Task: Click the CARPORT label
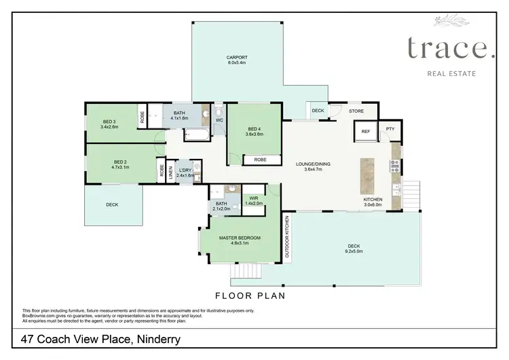(238, 57)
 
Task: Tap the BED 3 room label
(109, 122)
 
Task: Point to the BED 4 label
(254, 129)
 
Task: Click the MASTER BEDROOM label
(238, 238)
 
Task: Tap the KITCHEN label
(373, 200)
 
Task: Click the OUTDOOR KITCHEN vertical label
(287, 235)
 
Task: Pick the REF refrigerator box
(365, 131)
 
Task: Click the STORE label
(356, 110)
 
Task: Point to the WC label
(219, 121)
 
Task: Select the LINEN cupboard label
(171, 169)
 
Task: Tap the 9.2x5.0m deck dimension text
(353, 251)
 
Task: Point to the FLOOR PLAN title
(249, 295)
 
